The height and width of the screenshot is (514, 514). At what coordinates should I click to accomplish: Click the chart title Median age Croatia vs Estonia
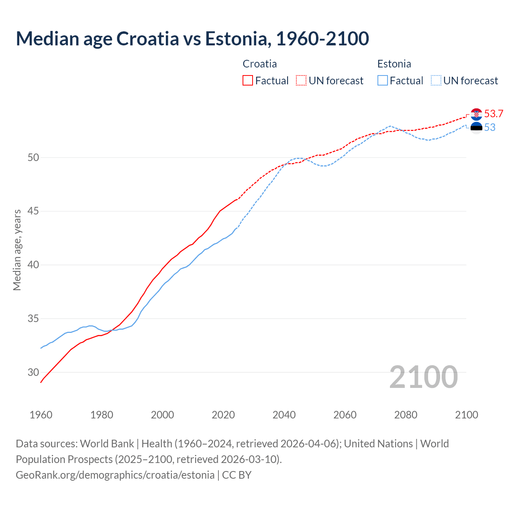[192, 39]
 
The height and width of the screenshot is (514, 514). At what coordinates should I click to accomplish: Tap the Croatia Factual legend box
[248, 80]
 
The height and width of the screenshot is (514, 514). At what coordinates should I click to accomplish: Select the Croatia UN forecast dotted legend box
[301, 80]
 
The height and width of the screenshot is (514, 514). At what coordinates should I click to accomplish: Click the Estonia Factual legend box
[383, 80]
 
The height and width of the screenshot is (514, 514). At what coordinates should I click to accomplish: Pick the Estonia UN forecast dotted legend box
[436, 80]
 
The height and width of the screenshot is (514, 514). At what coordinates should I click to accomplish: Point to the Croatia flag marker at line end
[476, 114]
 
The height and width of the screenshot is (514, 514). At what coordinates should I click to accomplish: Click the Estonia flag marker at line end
[476, 128]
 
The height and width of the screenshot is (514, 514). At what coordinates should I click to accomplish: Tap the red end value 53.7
[494, 114]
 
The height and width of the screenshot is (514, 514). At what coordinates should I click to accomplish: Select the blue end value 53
[490, 128]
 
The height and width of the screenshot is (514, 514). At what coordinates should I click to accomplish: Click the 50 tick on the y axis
[33, 157]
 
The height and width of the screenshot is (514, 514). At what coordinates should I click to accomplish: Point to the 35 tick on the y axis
[33, 319]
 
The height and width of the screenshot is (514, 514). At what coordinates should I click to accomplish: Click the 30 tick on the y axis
[33, 372]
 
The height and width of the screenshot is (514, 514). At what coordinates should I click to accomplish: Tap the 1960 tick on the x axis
[41, 415]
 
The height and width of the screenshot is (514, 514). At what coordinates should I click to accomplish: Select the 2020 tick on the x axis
[223, 415]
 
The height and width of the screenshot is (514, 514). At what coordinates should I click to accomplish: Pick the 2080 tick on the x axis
[406, 415]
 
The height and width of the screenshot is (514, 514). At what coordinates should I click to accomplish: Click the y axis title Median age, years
[17, 250]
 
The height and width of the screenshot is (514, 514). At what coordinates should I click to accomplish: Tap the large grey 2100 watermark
[423, 377]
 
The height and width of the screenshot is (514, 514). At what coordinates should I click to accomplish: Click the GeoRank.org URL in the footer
[115, 475]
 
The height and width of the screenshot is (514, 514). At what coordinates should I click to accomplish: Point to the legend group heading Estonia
[394, 64]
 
